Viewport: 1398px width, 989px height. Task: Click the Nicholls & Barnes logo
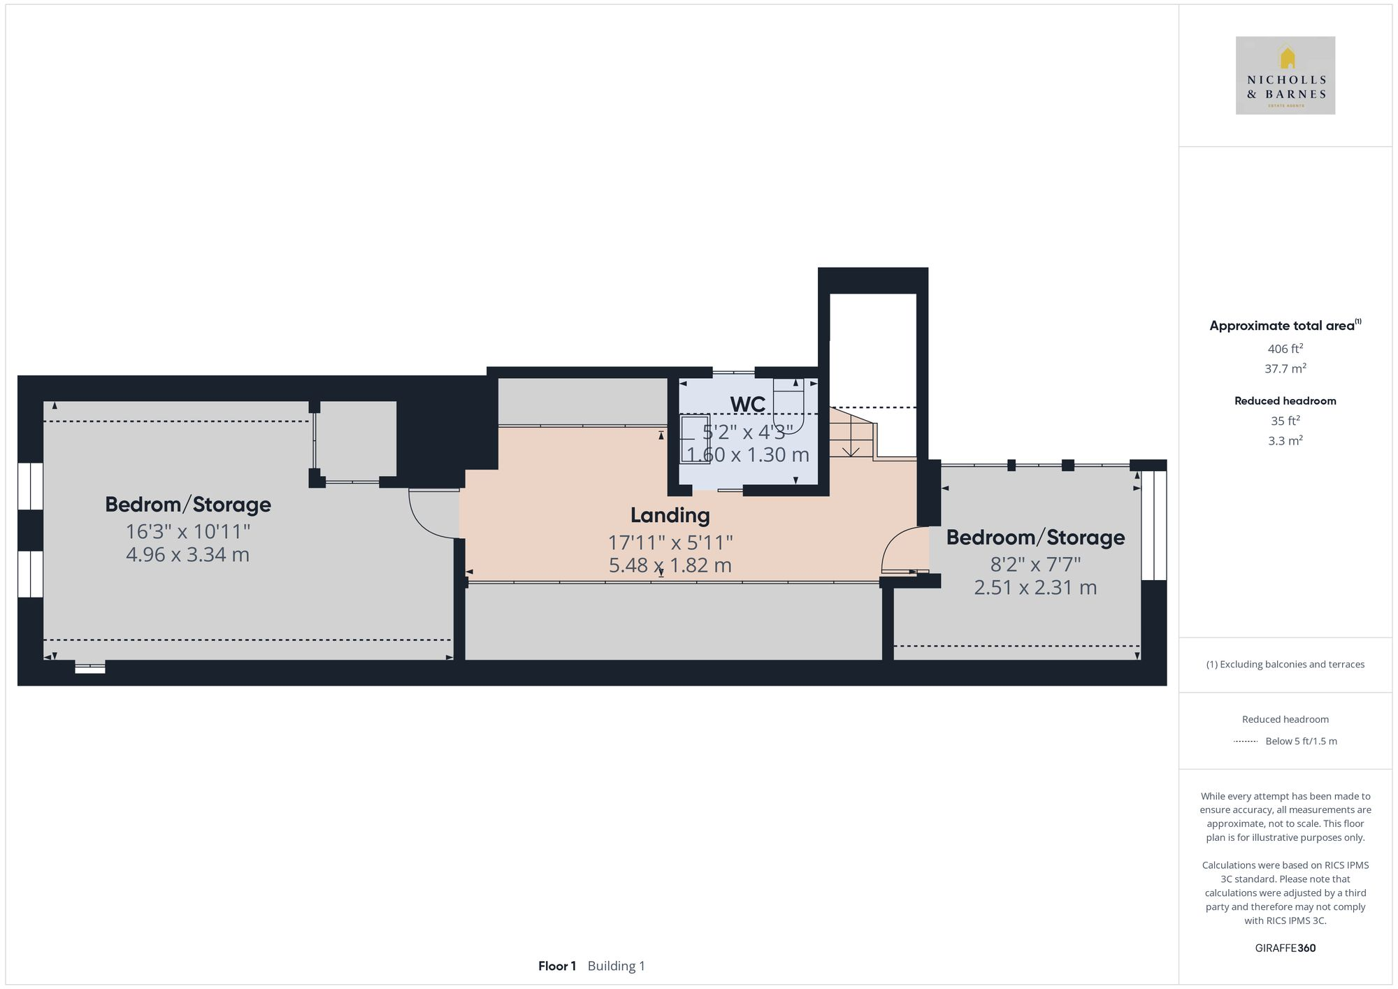pyautogui.click(x=1285, y=75)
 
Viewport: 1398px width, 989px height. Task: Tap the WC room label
pyautogui.click(x=747, y=404)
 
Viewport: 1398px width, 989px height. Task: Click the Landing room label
pyautogui.click(x=670, y=515)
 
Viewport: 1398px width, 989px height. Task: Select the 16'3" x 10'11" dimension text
pyautogui.click(x=187, y=532)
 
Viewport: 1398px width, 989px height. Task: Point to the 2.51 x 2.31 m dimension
pyautogui.click(x=1035, y=587)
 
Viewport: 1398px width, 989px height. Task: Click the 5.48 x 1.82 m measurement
pyautogui.click(x=670, y=565)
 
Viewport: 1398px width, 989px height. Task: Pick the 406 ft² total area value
pyautogui.click(x=1285, y=349)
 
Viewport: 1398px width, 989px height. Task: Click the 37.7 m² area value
pyautogui.click(x=1285, y=368)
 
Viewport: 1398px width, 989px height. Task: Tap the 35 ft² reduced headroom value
pyautogui.click(x=1285, y=421)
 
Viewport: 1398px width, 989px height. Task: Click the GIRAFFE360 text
pyautogui.click(x=1285, y=948)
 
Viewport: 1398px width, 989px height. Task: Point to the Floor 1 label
pyautogui.click(x=556, y=966)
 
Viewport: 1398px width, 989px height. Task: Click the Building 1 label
pyautogui.click(x=616, y=966)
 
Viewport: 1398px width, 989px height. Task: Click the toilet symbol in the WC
pyautogui.click(x=788, y=405)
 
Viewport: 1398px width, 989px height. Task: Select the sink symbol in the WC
pyautogui.click(x=695, y=438)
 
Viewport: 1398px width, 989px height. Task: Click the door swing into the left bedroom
pyautogui.click(x=433, y=514)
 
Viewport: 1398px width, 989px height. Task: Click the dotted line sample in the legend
pyautogui.click(x=1246, y=741)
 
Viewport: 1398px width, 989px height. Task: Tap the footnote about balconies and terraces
pyautogui.click(x=1285, y=664)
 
